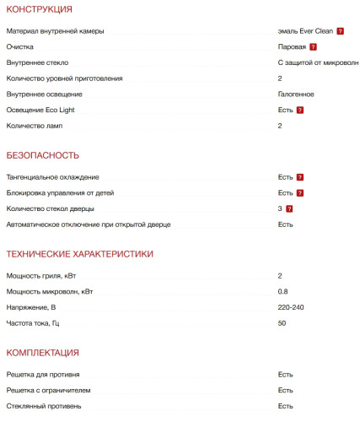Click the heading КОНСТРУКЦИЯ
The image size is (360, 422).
pyautogui.click(x=39, y=9)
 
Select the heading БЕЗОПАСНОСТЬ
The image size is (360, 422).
pyautogui.click(x=42, y=155)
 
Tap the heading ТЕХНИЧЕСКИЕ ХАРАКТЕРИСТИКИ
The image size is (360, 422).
pyautogui.click(x=79, y=253)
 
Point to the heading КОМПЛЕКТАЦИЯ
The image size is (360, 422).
pyautogui.click(x=42, y=352)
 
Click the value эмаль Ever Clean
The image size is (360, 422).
pyautogui.click(x=305, y=31)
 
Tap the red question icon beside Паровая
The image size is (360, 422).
pyautogui.click(x=313, y=47)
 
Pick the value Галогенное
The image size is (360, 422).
pyautogui.click(x=296, y=94)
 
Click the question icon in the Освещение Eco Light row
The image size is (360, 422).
pyautogui.click(x=299, y=111)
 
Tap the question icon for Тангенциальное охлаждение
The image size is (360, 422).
pyautogui.click(x=299, y=177)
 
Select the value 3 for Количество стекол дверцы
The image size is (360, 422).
pyautogui.click(x=280, y=208)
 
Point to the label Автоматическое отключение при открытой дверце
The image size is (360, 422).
pyautogui.click(x=89, y=225)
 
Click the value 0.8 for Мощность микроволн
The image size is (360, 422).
pyautogui.click(x=282, y=291)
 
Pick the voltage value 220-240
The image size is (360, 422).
pyautogui.click(x=291, y=307)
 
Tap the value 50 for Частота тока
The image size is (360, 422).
pyautogui.click(x=282, y=322)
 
